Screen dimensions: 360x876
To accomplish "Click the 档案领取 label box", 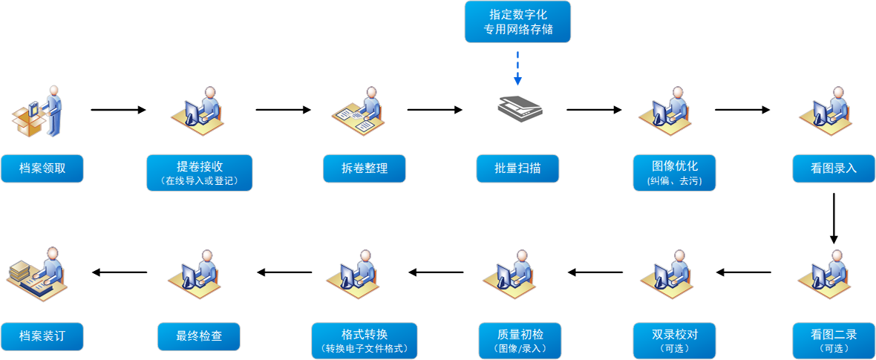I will [x=42, y=168].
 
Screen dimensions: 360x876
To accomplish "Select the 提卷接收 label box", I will [x=199, y=172].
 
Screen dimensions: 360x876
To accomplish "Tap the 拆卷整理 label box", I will [x=365, y=168].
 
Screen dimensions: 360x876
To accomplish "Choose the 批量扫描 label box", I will [x=517, y=168].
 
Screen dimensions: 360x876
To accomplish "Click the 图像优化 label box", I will [x=674, y=172].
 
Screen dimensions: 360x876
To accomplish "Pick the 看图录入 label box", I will [x=834, y=168].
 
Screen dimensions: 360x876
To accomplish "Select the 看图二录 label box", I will [x=834, y=340].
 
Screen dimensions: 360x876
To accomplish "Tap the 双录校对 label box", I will [x=674, y=340].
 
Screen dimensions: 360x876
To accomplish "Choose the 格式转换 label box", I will [x=365, y=340].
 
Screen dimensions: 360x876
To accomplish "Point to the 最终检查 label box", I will [x=199, y=336].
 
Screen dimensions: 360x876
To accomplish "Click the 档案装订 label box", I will [x=42, y=336].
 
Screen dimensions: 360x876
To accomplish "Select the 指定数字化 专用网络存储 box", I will [x=517, y=22].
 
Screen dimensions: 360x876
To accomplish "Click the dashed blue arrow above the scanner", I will [x=517, y=67].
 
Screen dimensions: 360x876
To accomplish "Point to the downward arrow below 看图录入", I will [x=834, y=218].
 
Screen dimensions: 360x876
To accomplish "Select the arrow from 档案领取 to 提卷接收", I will [x=119, y=110].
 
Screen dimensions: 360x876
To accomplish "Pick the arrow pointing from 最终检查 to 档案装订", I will [x=119, y=272].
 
